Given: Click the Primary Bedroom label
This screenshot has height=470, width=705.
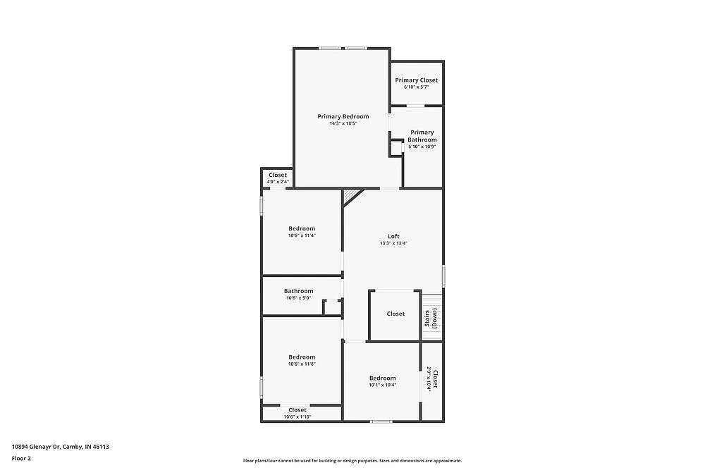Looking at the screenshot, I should click(x=343, y=116).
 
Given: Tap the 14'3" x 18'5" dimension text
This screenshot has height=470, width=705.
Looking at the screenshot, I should click(x=343, y=124).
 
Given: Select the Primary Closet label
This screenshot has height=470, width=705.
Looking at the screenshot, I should click(x=416, y=80).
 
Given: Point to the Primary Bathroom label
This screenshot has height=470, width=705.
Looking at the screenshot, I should click(x=422, y=136).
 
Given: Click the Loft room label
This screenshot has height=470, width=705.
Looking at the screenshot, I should click(x=393, y=236).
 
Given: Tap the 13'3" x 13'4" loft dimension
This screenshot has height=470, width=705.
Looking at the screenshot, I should click(x=393, y=244).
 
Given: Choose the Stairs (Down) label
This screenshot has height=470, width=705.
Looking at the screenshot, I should click(x=431, y=319).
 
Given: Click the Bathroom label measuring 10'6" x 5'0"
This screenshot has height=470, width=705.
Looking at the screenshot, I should click(x=298, y=291).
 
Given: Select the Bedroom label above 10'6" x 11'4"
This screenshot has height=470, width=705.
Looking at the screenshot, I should click(x=302, y=228).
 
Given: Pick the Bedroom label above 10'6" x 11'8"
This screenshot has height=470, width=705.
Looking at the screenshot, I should click(x=302, y=357).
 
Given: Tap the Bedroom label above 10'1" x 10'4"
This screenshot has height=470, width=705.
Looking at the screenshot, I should click(x=382, y=378).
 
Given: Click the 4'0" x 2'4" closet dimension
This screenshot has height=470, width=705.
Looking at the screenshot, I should click(x=277, y=183).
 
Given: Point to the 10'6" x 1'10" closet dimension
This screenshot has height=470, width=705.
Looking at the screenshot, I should click(x=298, y=417).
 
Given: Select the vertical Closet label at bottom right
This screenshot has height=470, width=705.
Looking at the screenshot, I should click(x=435, y=380).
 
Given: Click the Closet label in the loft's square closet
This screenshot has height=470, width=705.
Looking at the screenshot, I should click(x=396, y=314).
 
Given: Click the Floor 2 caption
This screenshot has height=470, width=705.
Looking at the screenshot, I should click(x=21, y=458).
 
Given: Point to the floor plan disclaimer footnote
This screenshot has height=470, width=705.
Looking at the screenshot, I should click(x=352, y=460).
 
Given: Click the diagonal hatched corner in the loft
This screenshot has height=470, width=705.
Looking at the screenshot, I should click(x=350, y=195).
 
